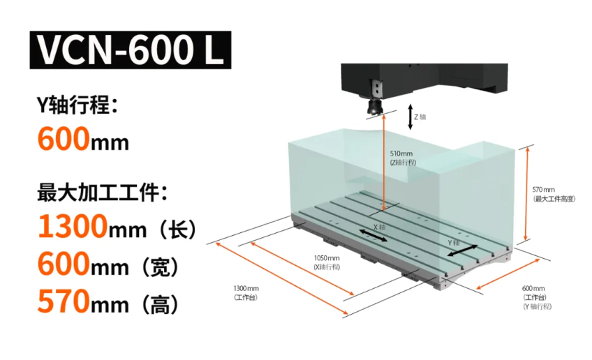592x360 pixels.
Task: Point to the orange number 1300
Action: (73, 227)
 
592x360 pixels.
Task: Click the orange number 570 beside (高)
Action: (64, 302)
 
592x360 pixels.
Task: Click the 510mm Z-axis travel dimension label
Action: (402, 157)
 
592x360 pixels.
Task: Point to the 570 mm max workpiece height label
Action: (553, 194)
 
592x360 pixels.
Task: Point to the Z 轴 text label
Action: (420, 117)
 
